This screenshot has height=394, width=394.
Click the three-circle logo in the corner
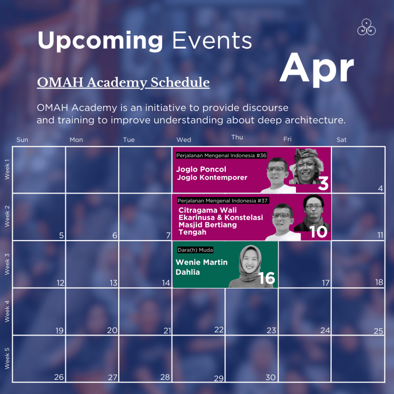point(366,27)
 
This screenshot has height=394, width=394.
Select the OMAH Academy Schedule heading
point(123,82)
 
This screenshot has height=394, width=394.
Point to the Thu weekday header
point(237,137)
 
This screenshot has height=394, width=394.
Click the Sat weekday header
point(342,140)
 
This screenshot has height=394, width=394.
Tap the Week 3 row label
point(7,264)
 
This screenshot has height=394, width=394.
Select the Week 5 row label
point(7,358)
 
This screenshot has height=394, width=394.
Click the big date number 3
point(323,184)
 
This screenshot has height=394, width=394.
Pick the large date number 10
point(318,232)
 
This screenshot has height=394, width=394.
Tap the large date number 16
point(267,278)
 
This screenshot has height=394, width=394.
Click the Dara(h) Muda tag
point(195,250)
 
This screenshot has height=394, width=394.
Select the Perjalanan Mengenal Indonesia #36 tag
point(221,155)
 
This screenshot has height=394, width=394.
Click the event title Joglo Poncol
point(201,169)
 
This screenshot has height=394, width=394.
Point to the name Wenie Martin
point(202,262)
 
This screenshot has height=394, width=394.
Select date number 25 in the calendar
point(378,331)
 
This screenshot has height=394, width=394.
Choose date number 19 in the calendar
point(60,331)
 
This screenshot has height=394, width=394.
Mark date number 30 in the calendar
point(270,377)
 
